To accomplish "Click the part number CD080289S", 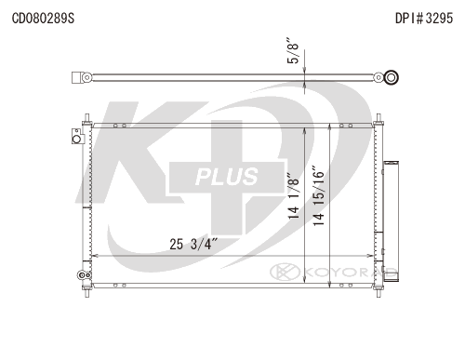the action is tap(43, 19).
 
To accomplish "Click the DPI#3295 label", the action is tap(424, 19).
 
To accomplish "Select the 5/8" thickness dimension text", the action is tap(293, 51).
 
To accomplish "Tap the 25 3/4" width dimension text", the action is tap(194, 244).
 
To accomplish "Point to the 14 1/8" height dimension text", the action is tap(294, 196).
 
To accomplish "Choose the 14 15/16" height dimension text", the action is tap(318, 196).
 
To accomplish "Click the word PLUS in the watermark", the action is tap(227, 177).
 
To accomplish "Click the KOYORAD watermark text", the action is tap(351, 273).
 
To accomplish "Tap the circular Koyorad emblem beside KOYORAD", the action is tap(285, 272).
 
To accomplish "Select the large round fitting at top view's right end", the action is tap(392, 77).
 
